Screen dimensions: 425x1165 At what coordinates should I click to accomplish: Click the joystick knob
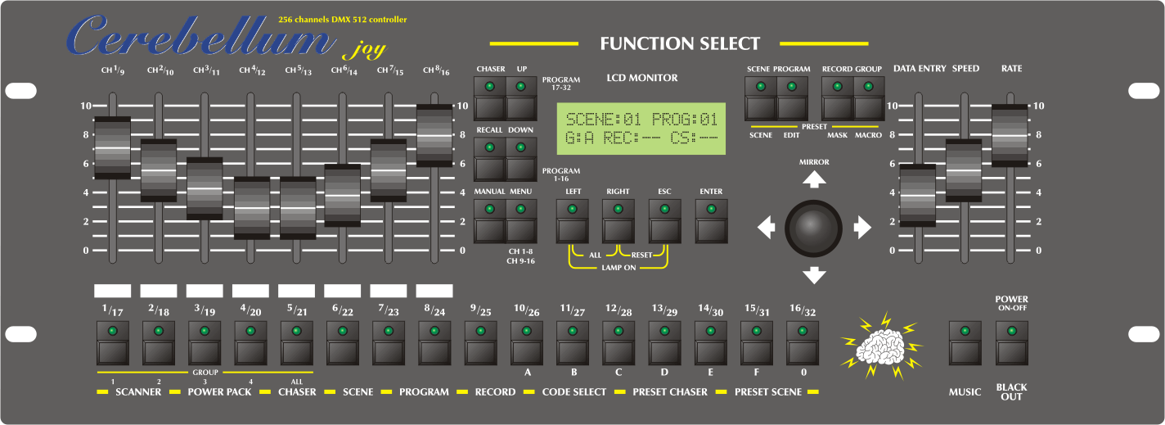coord(813,226)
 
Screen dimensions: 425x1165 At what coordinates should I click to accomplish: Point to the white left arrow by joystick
coord(766,228)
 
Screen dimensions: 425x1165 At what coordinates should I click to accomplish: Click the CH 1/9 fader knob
coord(112,147)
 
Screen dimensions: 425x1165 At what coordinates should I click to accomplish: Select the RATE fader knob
coord(1010,135)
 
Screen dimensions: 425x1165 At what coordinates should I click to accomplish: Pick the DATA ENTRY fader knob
coord(917,195)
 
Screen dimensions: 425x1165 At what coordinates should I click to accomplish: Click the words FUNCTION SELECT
coord(680,43)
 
